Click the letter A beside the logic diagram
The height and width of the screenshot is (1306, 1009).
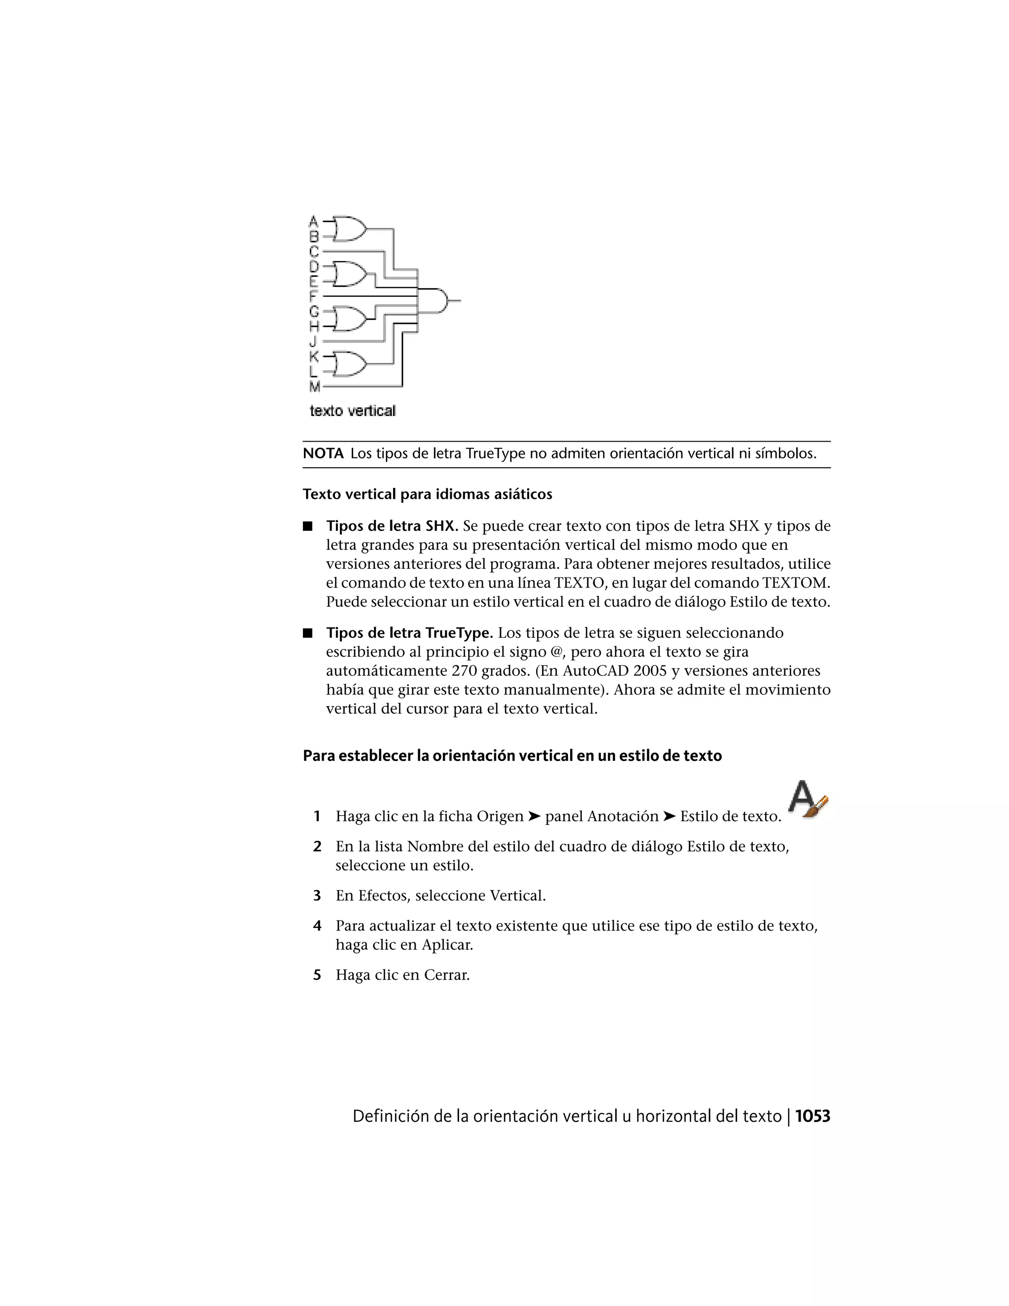click(x=313, y=221)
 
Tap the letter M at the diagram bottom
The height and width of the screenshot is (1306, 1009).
click(x=314, y=387)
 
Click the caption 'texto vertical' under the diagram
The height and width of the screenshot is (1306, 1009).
click(x=352, y=411)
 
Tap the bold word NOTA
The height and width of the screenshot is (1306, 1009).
click(x=323, y=453)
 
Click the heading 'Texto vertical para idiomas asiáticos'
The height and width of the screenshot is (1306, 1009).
click(x=427, y=494)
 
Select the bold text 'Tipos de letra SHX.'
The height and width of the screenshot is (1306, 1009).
click(x=392, y=526)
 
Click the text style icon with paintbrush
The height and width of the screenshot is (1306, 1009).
click(x=807, y=799)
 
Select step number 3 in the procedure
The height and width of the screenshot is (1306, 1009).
click(x=317, y=896)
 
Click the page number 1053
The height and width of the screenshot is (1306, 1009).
click(x=812, y=1116)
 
